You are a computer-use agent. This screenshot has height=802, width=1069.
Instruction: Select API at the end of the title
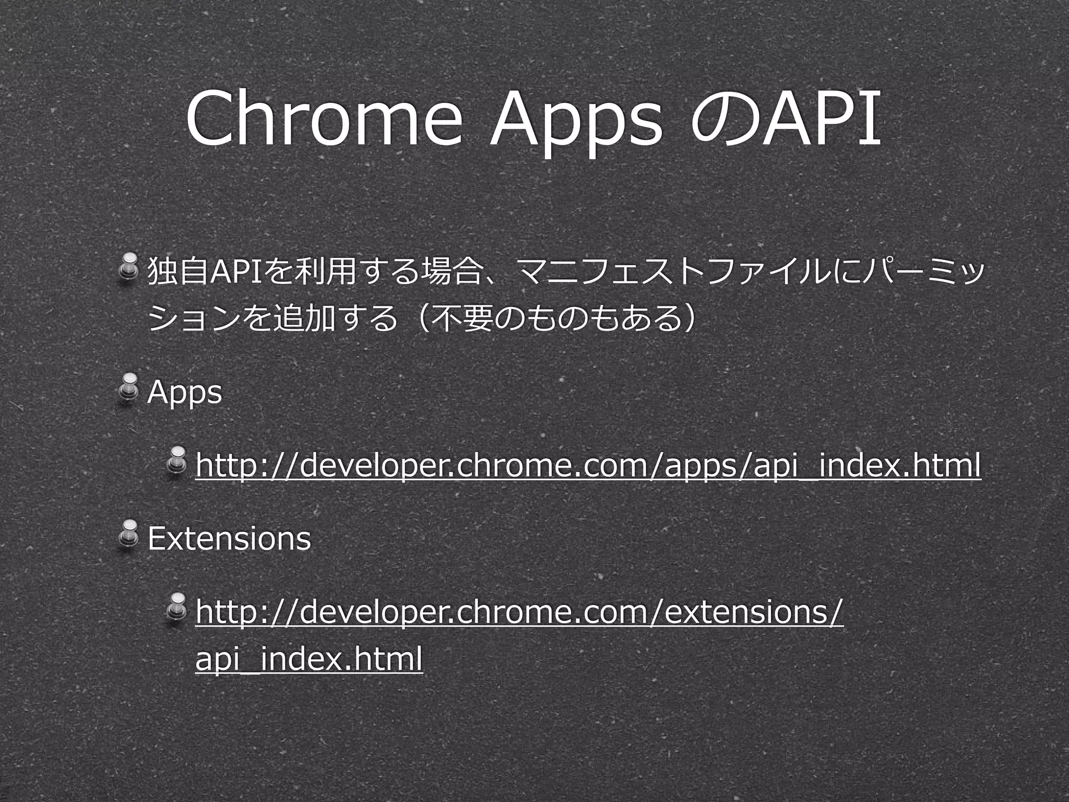(819, 120)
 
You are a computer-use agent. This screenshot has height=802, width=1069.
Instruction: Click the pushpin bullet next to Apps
(127, 386)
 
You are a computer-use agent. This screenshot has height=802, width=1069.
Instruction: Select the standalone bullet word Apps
(185, 393)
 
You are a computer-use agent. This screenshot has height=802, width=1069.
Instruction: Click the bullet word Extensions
(229, 538)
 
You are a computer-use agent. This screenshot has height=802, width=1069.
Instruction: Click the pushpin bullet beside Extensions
(127, 533)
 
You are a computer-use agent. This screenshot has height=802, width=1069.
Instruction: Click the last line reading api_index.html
(308, 659)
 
